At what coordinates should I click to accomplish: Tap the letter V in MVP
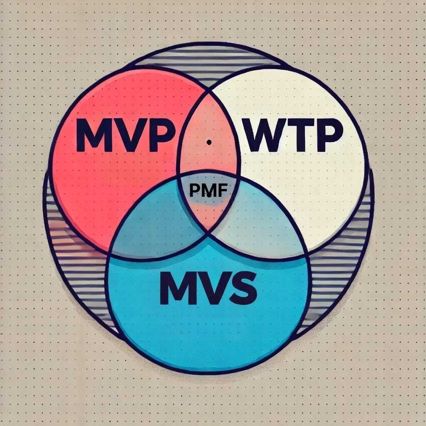point(129,136)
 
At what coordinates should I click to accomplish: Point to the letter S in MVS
point(239,288)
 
